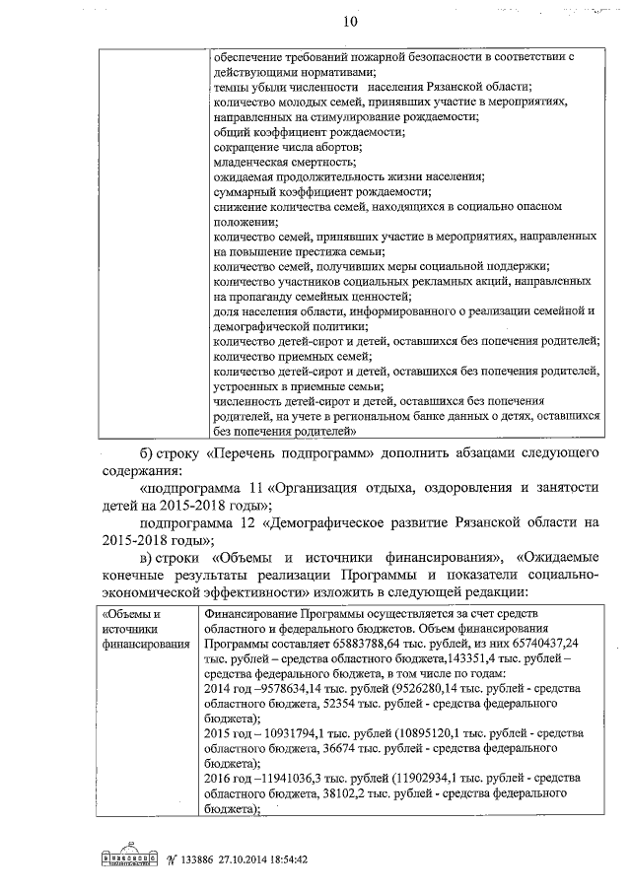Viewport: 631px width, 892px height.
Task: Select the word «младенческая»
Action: point(250,161)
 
